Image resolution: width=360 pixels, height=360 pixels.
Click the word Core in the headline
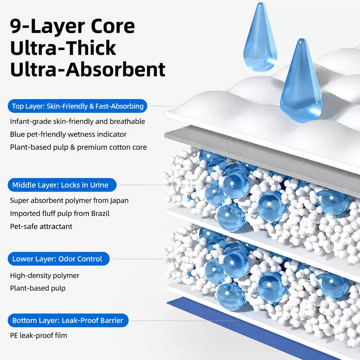click(x=113, y=26)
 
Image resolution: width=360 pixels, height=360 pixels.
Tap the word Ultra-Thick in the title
click(x=63, y=48)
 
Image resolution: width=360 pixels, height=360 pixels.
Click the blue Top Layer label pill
click(x=77, y=106)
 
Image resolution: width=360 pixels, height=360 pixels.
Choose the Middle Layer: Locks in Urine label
click(x=62, y=185)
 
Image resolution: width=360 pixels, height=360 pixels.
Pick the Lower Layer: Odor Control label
click(x=59, y=259)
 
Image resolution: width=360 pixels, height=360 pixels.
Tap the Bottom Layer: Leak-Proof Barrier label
click(x=68, y=320)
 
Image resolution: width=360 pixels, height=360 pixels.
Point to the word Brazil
click(x=100, y=213)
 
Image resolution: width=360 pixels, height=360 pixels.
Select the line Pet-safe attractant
click(x=41, y=227)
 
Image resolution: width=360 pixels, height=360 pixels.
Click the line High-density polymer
click(x=45, y=276)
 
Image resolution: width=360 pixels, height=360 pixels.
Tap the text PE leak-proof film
click(x=39, y=335)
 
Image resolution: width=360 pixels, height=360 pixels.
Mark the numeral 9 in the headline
click(x=16, y=27)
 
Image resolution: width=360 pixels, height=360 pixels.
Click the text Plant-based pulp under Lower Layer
click(x=38, y=288)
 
